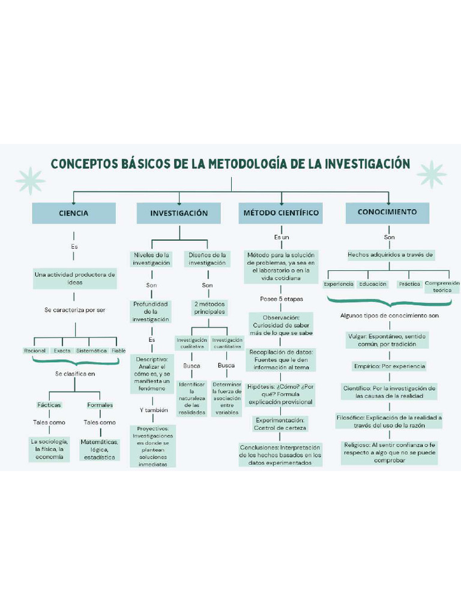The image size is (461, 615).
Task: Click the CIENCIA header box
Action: tap(74, 213)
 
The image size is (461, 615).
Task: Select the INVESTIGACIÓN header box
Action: tap(179, 213)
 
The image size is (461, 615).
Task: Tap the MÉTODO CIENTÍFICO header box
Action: tap(281, 213)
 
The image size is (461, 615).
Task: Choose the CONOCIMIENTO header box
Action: tap(387, 212)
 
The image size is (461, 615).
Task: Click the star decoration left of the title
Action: tap(30, 181)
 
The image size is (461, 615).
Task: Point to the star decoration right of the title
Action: tap(431, 174)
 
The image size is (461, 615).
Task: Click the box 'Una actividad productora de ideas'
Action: tap(75, 278)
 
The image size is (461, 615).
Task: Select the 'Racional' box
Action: tap(35, 351)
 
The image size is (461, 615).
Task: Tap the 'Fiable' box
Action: tap(119, 351)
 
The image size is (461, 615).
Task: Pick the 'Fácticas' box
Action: tap(49, 405)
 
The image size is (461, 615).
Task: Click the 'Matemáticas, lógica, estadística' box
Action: tap(100, 449)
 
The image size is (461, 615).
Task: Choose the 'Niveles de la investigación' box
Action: tap(151, 259)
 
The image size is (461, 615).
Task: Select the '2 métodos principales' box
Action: tap(209, 308)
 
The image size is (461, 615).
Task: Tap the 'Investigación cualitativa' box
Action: tap(191, 343)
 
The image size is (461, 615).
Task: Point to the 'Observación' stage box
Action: tap(281, 324)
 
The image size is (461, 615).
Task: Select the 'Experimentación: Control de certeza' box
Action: tap(280, 424)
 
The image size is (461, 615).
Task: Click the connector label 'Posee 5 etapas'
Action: tap(281, 299)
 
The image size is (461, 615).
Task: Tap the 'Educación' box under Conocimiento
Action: tap(372, 284)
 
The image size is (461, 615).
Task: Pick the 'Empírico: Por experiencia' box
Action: tap(389, 366)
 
